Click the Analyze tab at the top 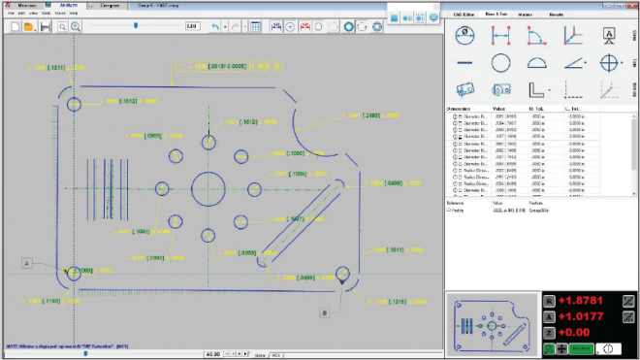pos(67,6)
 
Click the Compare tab pos(111,6)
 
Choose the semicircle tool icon pos(536,63)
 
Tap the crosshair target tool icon pos(609,63)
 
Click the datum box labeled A pos(28,263)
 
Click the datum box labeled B pos(325,311)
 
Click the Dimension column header pos(462,109)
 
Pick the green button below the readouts pos(580,348)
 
